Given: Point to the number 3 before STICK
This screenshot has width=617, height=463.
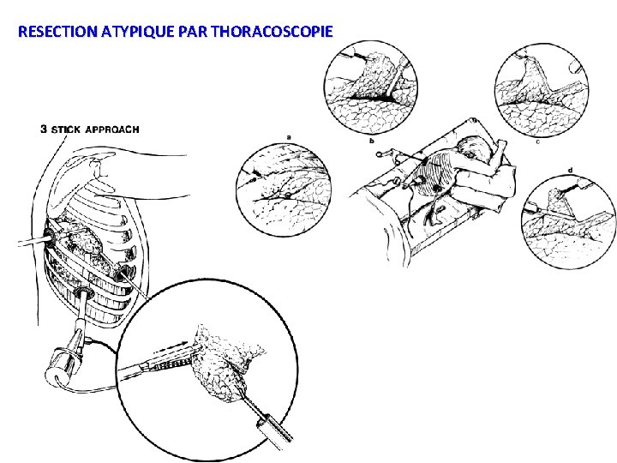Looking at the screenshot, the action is point(45,130).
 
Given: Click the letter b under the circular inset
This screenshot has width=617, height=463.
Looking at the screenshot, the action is point(370,140).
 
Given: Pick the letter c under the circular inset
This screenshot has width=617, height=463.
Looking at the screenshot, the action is point(536,142).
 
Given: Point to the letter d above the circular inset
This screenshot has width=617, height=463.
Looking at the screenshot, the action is point(571,170).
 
